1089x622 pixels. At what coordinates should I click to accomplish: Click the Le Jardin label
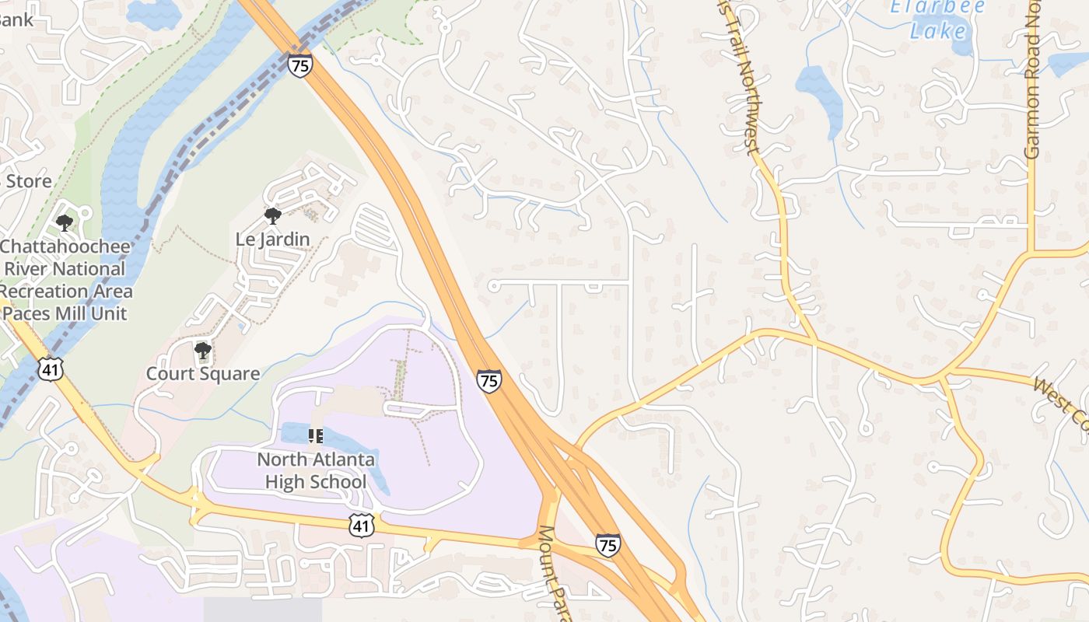point(272,239)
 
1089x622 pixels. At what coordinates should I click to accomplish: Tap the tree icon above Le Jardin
point(272,215)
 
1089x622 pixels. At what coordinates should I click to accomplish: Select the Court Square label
point(203,374)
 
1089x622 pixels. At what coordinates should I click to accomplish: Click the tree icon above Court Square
point(203,351)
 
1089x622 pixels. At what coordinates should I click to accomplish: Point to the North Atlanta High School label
point(316,470)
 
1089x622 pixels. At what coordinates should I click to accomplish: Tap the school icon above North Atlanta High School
point(316,435)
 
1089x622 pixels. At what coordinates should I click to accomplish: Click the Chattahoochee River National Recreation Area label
point(65,269)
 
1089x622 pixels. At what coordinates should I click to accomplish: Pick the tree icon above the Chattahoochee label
point(65,223)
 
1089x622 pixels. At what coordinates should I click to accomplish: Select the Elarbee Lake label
point(937,19)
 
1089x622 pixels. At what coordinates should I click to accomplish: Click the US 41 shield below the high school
point(362,526)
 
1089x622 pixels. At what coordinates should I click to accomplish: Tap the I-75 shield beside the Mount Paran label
point(608,545)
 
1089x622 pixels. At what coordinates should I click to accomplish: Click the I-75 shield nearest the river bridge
point(299,65)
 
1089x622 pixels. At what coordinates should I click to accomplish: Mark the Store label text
point(29,182)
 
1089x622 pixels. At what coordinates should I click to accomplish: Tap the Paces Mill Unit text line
point(65,313)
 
